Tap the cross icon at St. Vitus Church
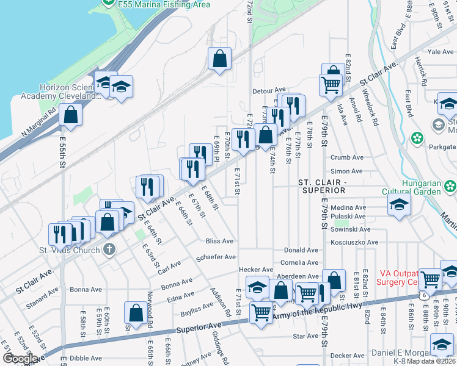tap(109, 248)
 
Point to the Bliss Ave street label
tap(219, 241)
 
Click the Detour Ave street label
tap(269, 90)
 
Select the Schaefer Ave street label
tap(216, 257)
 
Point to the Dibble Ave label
tap(86, 358)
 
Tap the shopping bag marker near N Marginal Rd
tap(71, 115)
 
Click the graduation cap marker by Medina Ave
tap(398, 205)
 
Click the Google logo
tap(20, 359)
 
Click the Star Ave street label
tap(306, 336)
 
